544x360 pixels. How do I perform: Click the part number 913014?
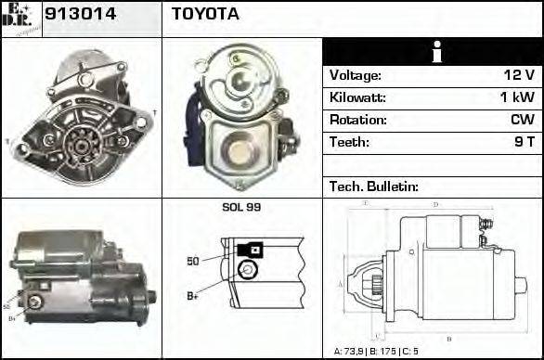(77, 14)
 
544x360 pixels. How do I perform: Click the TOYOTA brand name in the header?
(205, 14)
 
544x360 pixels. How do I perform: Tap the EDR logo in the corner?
(20, 18)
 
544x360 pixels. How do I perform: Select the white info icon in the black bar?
(433, 52)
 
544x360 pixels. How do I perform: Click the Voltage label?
(355, 75)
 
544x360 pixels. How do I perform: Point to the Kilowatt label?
(357, 97)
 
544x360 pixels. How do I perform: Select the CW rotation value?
(522, 120)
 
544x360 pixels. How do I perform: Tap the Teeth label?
(349, 142)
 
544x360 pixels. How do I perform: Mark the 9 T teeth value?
(524, 142)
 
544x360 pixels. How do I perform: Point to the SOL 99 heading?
(241, 207)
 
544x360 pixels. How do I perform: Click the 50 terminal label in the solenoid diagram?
(193, 261)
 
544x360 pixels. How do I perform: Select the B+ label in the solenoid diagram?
(193, 296)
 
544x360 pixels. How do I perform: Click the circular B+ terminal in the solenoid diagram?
(247, 269)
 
